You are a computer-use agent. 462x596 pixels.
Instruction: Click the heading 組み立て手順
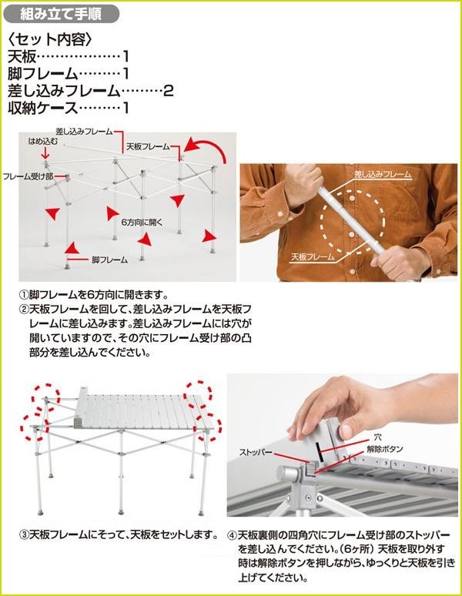coord(60,15)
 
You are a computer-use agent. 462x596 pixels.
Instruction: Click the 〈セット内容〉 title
coord(49,39)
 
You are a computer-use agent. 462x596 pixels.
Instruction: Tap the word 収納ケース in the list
coord(42,108)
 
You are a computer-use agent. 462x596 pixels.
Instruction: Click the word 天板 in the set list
coord(22,57)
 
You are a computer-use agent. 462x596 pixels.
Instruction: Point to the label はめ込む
coord(43,142)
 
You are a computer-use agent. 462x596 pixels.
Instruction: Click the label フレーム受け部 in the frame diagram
coord(28,176)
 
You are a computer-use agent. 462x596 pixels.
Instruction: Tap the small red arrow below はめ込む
coord(45,153)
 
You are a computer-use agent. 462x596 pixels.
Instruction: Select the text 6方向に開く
coord(142,222)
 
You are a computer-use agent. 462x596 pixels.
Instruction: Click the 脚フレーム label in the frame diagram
coord(110,260)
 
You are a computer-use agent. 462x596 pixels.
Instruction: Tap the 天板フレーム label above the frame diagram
coord(148,146)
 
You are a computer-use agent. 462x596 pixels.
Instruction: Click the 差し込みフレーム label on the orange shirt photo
coord(383,175)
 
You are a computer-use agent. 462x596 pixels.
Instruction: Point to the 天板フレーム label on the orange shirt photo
coord(313,256)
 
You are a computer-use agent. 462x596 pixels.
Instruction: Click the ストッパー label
coord(256,452)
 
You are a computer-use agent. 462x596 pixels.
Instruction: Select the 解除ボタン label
coord(384,449)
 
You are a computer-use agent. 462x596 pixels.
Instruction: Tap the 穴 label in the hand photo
coord(377,438)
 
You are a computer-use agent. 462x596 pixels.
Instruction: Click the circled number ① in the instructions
coord(24,295)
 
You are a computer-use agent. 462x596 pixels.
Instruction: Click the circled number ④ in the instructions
coord(232,536)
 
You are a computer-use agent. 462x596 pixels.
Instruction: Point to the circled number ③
coord(24,535)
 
